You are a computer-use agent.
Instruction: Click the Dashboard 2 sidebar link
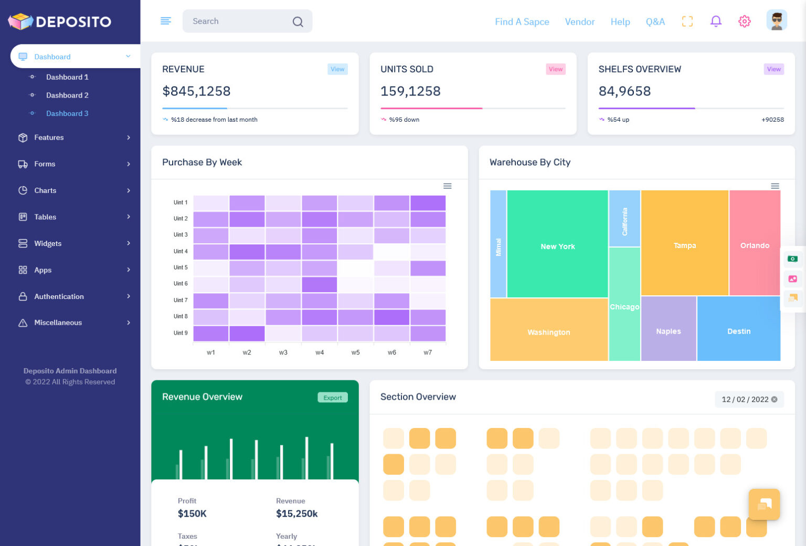[x=67, y=95]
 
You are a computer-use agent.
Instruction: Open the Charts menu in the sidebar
[x=45, y=190]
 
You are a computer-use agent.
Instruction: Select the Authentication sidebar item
[x=59, y=296]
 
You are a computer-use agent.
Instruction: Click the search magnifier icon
[x=298, y=22]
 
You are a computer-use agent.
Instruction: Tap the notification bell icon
[x=716, y=22]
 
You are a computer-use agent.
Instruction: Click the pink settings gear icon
[x=744, y=22]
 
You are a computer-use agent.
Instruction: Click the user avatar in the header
[x=776, y=21]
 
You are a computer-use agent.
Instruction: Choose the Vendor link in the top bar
[x=579, y=22]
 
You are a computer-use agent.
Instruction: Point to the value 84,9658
[x=624, y=91]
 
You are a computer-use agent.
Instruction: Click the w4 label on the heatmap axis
[x=320, y=352]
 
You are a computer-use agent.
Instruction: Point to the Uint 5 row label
[x=181, y=267]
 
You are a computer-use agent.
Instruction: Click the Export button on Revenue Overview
[x=332, y=398]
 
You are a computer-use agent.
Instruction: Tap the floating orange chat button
[x=763, y=505]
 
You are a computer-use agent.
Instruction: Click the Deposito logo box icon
[x=21, y=22]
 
